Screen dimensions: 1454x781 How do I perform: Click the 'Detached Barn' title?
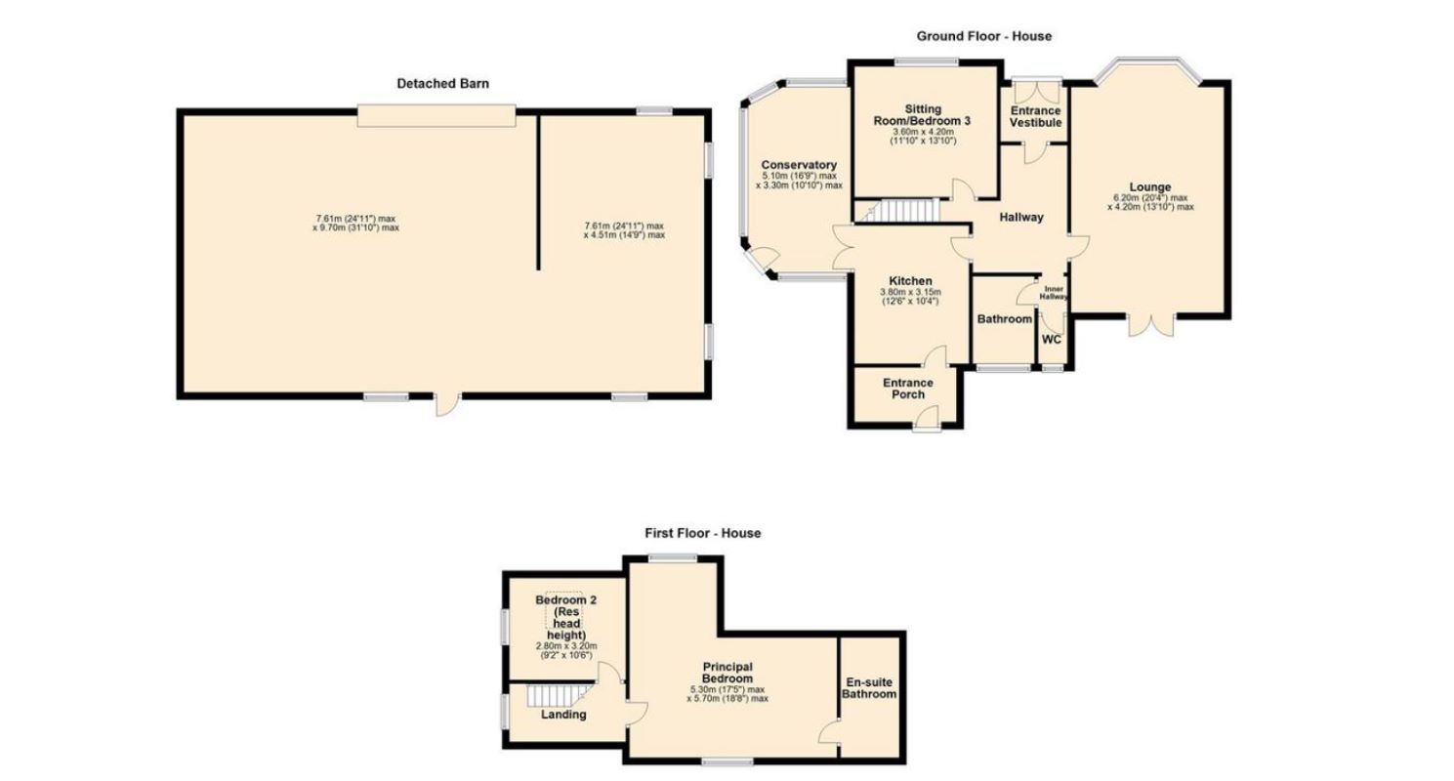pos(442,84)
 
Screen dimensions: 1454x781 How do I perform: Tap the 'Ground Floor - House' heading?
pos(984,36)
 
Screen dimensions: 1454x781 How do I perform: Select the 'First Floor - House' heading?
pos(703,533)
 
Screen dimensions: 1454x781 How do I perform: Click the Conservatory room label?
pos(799,165)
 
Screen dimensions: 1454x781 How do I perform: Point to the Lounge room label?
pos(1150,187)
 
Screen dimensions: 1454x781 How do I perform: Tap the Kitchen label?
pos(910,281)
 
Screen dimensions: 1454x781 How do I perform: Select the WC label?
pos(1052,340)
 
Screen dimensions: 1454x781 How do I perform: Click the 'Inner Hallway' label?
pos(1054,293)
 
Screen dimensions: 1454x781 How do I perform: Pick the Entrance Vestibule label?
pos(1035,117)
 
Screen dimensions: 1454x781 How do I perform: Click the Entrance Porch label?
pos(908,389)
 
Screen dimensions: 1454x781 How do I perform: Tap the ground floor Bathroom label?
pos(1004,319)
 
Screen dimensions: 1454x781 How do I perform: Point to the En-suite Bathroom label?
pos(869,688)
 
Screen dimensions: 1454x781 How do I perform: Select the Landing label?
pos(563,715)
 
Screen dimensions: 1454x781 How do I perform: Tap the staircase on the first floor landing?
pos(554,696)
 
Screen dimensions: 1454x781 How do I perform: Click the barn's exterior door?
pos(447,404)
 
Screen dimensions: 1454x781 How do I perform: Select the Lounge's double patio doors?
pos(1151,326)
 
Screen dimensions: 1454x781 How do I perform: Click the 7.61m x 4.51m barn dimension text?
pos(624,230)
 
